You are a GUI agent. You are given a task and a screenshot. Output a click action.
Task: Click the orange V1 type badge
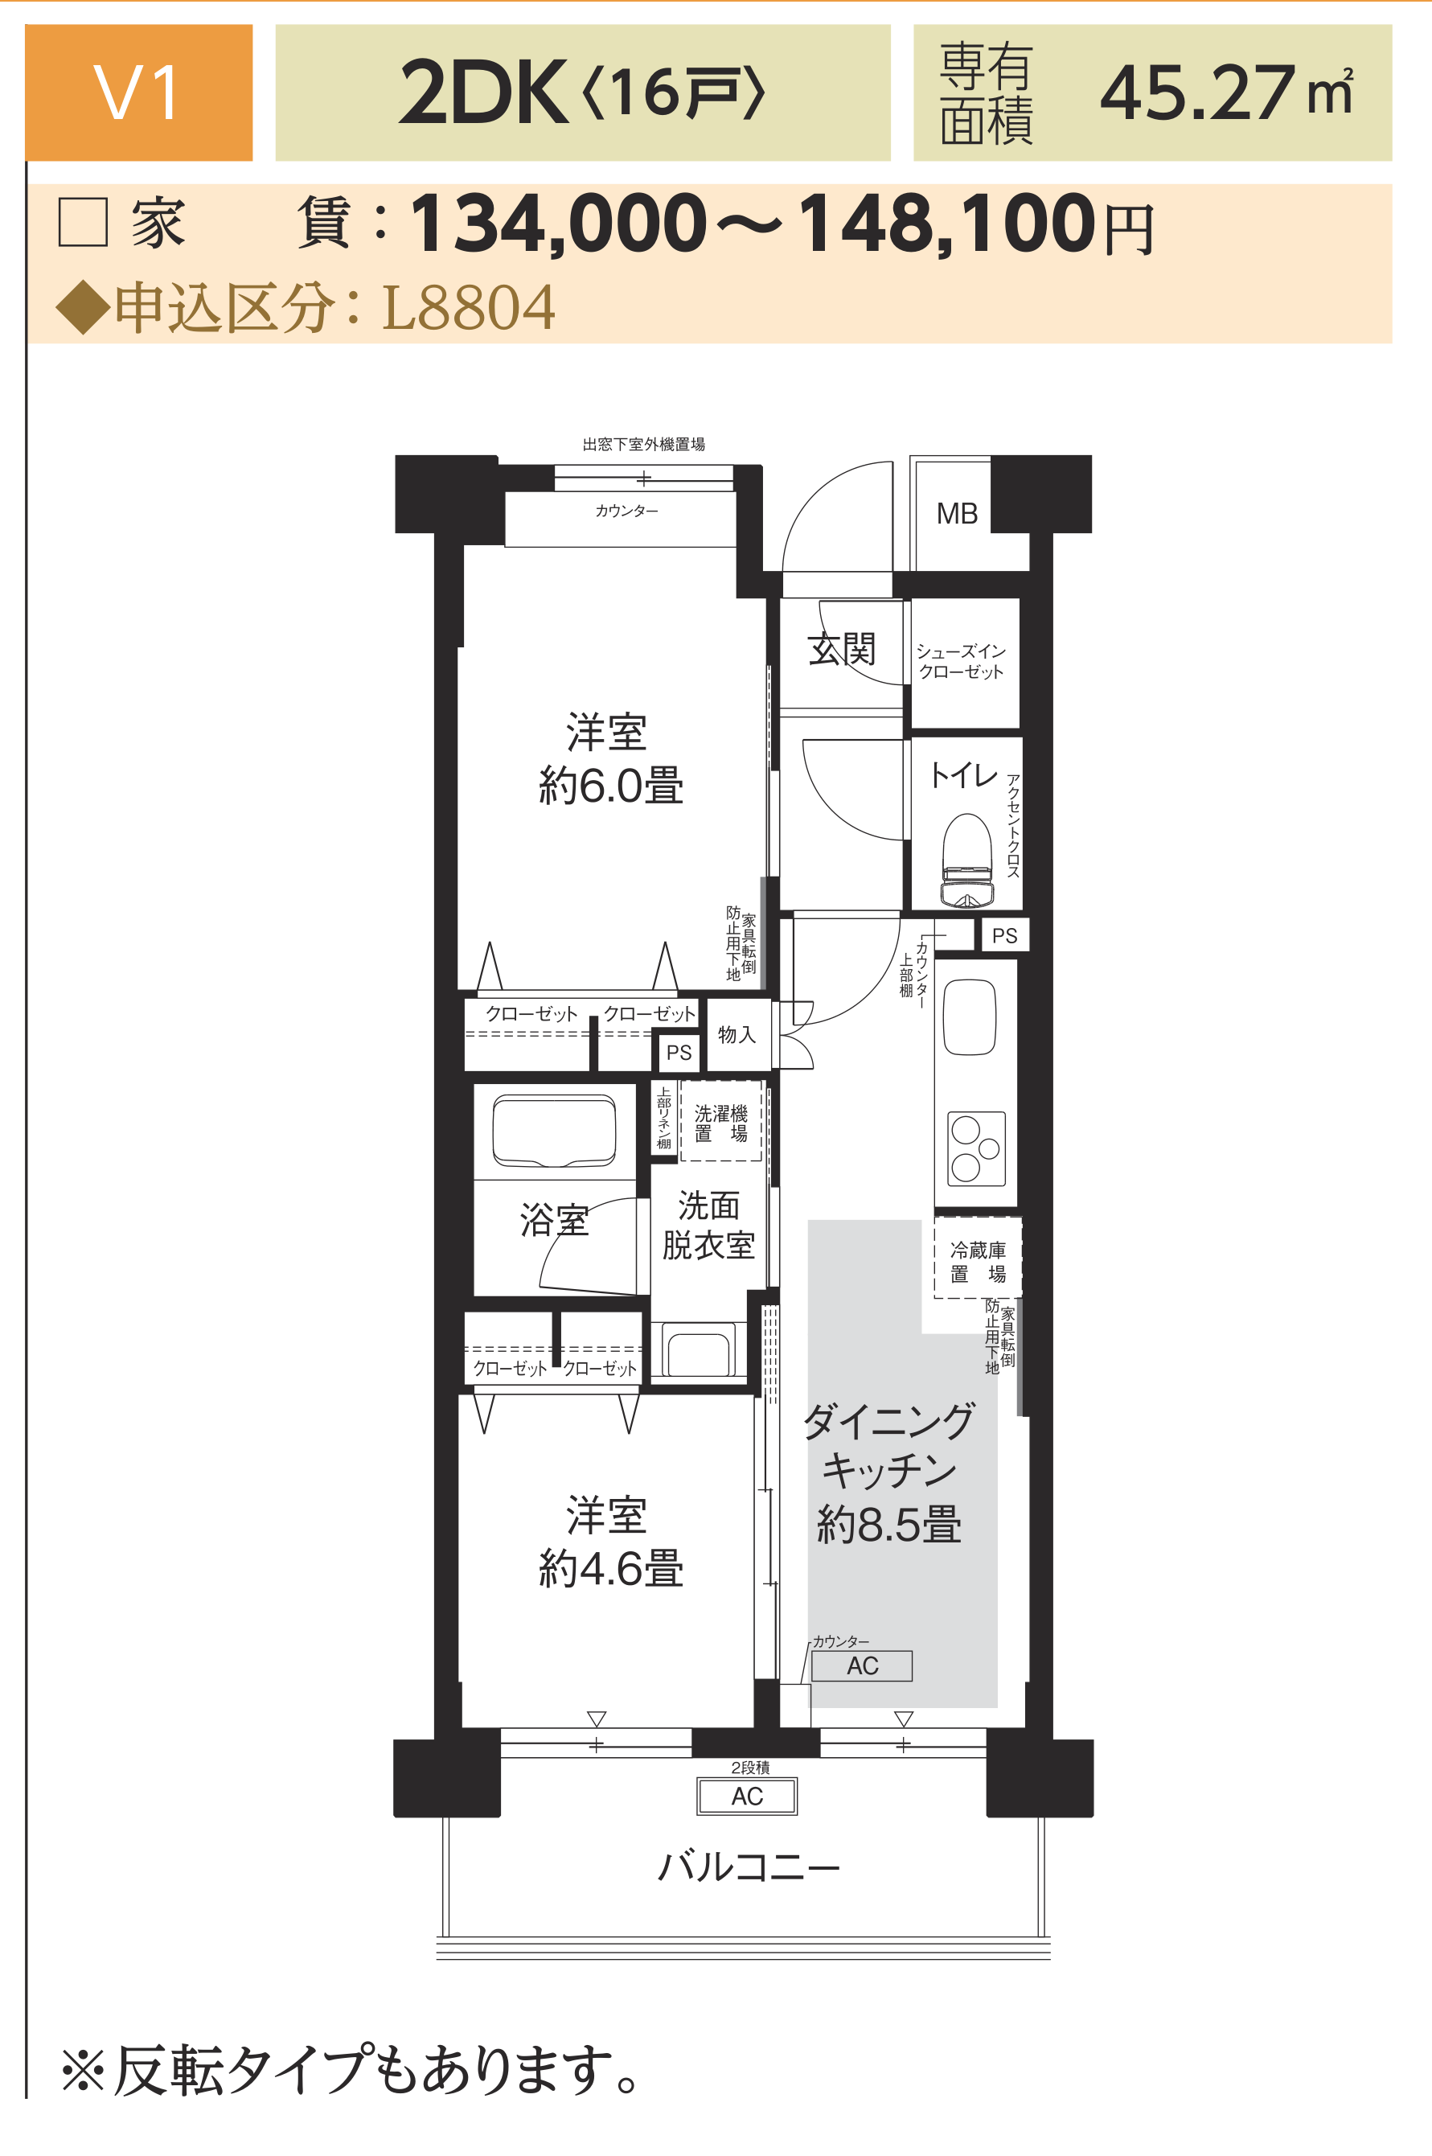tap(139, 92)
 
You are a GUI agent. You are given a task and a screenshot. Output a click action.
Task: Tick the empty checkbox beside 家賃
tap(83, 222)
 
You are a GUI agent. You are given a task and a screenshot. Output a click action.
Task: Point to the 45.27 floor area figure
tap(1197, 93)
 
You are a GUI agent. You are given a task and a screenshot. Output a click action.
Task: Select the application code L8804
tap(468, 308)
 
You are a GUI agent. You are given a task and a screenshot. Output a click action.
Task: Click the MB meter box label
tap(957, 514)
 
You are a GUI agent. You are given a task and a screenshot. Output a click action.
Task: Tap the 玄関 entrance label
tap(842, 649)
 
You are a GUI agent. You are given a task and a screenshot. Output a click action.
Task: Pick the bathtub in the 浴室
tap(554, 1131)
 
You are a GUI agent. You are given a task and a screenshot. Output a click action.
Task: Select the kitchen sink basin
tap(969, 1017)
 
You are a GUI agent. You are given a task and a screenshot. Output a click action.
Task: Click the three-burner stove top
tap(976, 1149)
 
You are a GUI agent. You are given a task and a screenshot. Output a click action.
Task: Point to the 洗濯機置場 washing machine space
tap(720, 1121)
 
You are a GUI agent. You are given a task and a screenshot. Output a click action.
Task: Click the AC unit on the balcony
tap(747, 1797)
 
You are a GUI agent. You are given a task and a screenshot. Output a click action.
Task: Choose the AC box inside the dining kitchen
tap(862, 1666)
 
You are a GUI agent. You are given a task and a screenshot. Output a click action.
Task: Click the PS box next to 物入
tap(679, 1053)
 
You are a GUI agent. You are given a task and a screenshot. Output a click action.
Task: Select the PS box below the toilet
tap(1004, 936)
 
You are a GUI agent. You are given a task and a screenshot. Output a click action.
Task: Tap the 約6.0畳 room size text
tap(611, 786)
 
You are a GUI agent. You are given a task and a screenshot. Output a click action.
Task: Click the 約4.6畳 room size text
tap(611, 1569)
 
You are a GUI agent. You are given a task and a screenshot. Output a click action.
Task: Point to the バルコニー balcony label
tap(749, 1866)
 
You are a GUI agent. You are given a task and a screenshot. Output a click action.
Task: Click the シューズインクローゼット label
tap(961, 661)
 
